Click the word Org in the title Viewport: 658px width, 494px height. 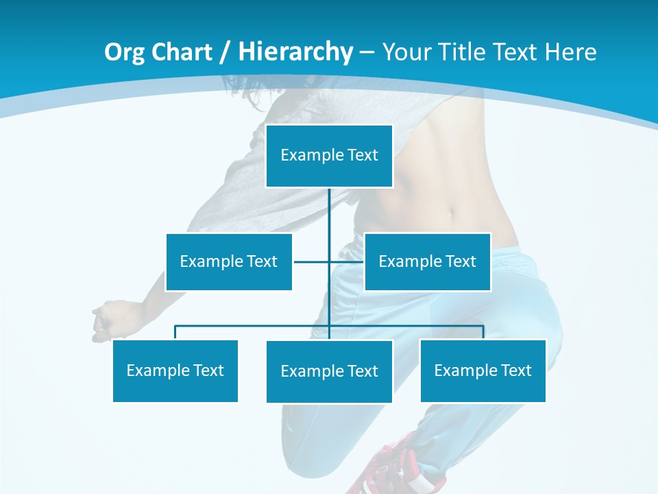point(124,52)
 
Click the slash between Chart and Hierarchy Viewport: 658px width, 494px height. point(223,52)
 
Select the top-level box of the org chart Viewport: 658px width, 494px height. point(329,156)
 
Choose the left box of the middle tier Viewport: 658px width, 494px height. point(229,261)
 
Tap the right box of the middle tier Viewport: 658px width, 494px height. point(427,261)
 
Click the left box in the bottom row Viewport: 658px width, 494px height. point(175,370)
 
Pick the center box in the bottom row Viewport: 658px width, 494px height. point(329,371)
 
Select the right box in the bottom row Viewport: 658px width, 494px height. point(483,370)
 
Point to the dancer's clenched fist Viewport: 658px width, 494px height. point(104,320)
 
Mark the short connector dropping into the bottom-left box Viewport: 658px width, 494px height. point(175,333)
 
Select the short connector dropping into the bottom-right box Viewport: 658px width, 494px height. point(483,333)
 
